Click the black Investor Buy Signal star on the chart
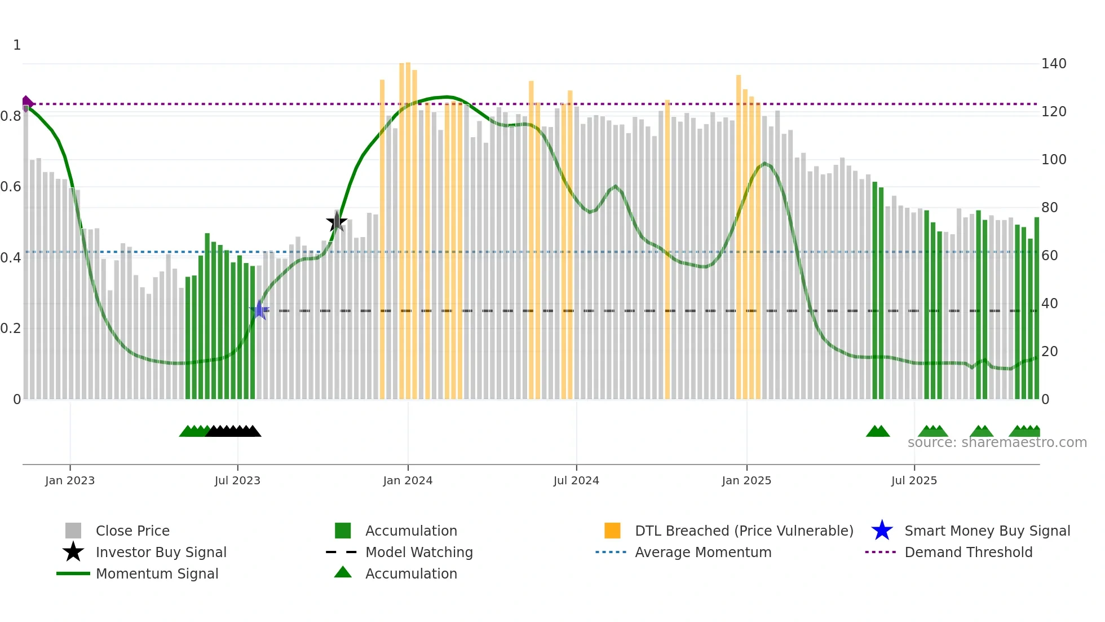coord(337,222)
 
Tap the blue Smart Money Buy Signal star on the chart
coord(259,310)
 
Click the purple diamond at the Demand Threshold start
coord(26,103)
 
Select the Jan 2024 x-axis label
coord(408,480)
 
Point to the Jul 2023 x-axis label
coord(237,480)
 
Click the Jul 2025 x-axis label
coord(914,480)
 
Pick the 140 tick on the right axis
coord(1053,64)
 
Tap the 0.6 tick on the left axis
coord(11,187)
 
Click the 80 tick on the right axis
coord(1049,208)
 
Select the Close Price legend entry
coord(132,531)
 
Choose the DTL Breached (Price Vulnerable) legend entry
coord(744,531)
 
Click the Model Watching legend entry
coord(418,552)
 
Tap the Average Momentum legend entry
coord(702,552)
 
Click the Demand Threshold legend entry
coord(968,552)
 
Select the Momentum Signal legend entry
coord(157,573)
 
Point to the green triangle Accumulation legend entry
coord(410,573)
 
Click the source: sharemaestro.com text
coord(997,443)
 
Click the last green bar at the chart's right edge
coord(1036,308)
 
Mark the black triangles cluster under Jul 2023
coord(233,431)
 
